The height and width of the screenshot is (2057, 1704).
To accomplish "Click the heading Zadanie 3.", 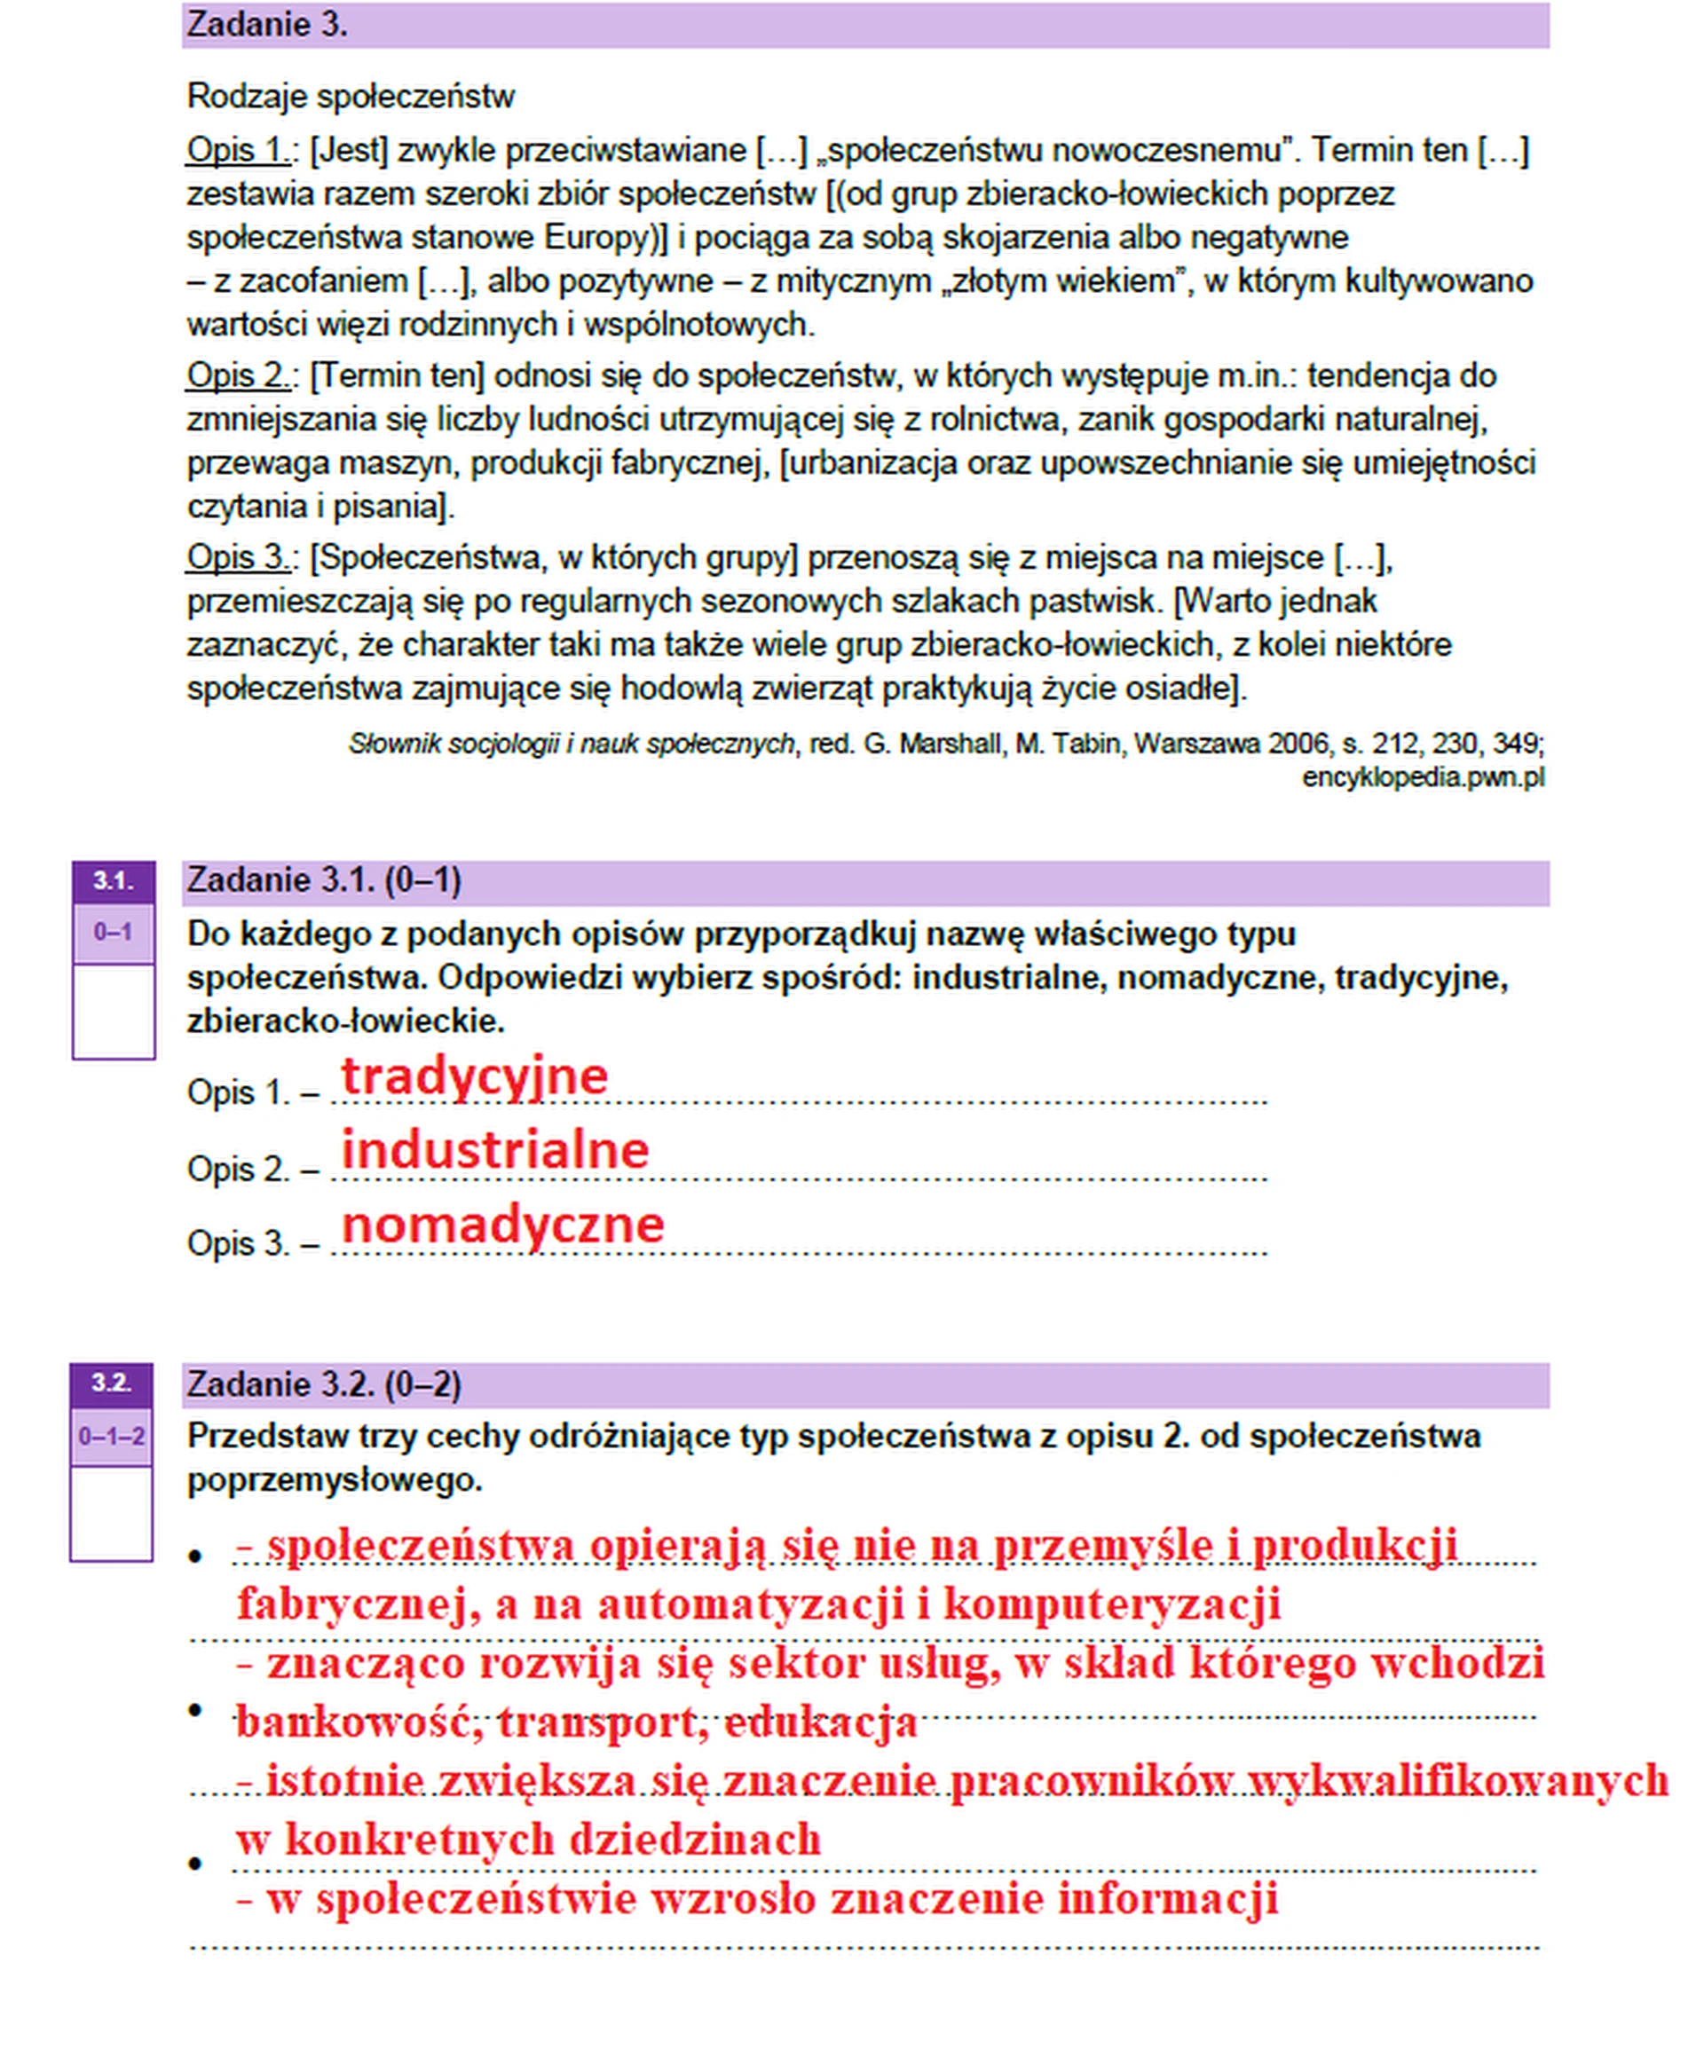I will point(266,25).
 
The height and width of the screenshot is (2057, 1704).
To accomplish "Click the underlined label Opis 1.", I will point(236,150).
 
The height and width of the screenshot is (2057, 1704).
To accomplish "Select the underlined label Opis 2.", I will point(236,375).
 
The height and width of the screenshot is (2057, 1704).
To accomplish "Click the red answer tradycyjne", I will point(474,1076).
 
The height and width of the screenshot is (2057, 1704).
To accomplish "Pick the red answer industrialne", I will point(495,1149).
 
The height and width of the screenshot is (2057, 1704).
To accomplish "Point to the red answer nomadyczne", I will point(502,1225).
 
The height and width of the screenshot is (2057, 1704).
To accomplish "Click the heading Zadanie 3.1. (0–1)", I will point(323,880).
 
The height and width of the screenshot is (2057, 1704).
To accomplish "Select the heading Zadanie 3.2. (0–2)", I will point(323,1384).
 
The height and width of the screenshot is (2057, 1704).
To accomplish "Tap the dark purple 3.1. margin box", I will point(113,880).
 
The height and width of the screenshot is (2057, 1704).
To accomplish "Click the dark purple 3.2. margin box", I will point(111,1383).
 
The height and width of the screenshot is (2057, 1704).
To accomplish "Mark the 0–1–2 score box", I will point(111,1437).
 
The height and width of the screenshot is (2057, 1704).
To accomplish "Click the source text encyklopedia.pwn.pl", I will point(1422,777).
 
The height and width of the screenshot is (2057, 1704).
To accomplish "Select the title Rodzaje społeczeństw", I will point(350,96).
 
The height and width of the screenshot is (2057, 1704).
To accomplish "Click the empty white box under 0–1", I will point(113,1011).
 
